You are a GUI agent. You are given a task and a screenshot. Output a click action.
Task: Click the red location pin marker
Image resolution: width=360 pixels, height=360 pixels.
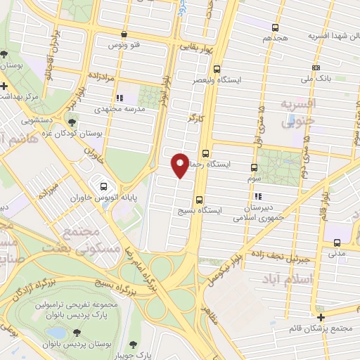(x=181, y=164)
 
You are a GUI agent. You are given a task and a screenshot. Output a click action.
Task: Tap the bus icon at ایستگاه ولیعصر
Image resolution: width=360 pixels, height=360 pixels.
(x=217, y=70)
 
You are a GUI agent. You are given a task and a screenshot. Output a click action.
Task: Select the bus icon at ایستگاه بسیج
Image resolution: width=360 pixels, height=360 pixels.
(x=200, y=200)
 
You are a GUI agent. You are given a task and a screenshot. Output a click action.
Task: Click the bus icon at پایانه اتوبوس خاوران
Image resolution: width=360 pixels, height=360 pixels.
(x=104, y=187)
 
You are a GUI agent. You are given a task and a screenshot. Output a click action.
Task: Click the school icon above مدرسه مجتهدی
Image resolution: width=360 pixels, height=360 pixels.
(x=120, y=98)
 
